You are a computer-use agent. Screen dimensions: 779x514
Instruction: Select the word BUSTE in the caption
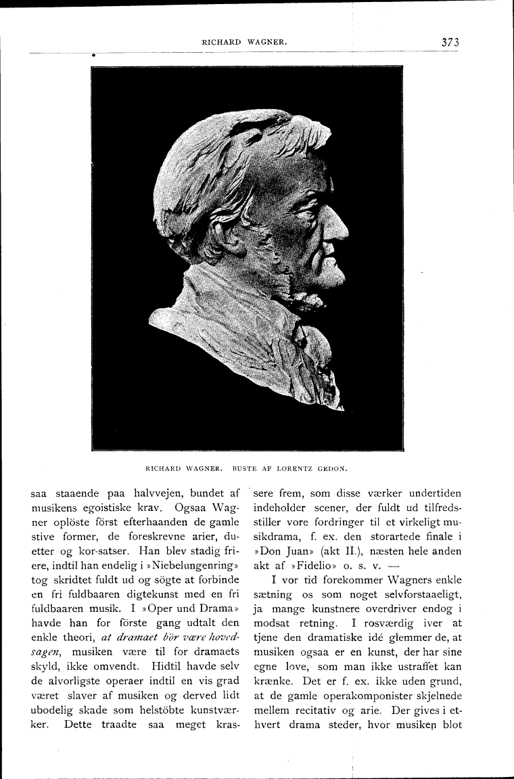[x=246, y=466]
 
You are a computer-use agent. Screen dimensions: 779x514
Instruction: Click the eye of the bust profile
[x=316, y=204]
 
